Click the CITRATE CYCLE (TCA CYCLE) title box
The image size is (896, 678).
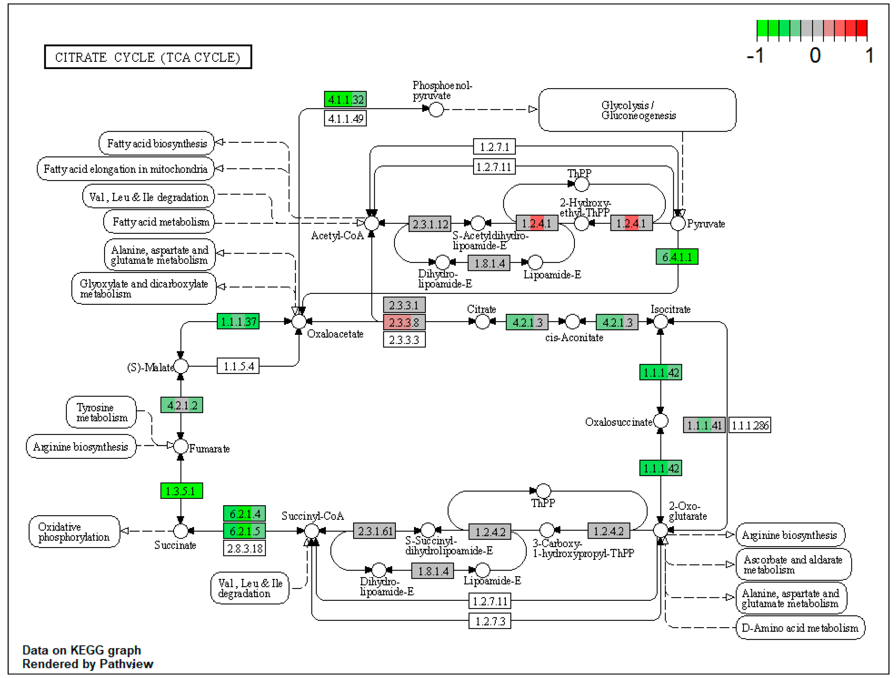pyautogui.click(x=148, y=57)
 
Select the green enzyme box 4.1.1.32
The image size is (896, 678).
pyautogui.click(x=345, y=99)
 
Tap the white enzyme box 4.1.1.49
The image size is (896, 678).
pyautogui.click(x=345, y=118)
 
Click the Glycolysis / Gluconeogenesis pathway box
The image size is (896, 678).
pyautogui.click(x=637, y=110)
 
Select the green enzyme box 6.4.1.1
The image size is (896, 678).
pyautogui.click(x=677, y=257)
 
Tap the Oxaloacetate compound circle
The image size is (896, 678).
pyautogui.click(x=299, y=322)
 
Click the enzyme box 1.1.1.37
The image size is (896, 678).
pyautogui.click(x=238, y=322)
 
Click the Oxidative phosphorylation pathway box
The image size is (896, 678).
pyautogui.click(x=74, y=532)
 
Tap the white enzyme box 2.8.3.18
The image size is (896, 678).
pyautogui.click(x=245, y=548)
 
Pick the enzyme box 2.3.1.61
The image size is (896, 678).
pyautogui.click(x=375, y=531)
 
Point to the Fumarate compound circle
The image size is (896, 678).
pyautogui.click(x=181, y=447)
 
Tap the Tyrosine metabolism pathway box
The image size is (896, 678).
pyautogui.click(x=101, y=412)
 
